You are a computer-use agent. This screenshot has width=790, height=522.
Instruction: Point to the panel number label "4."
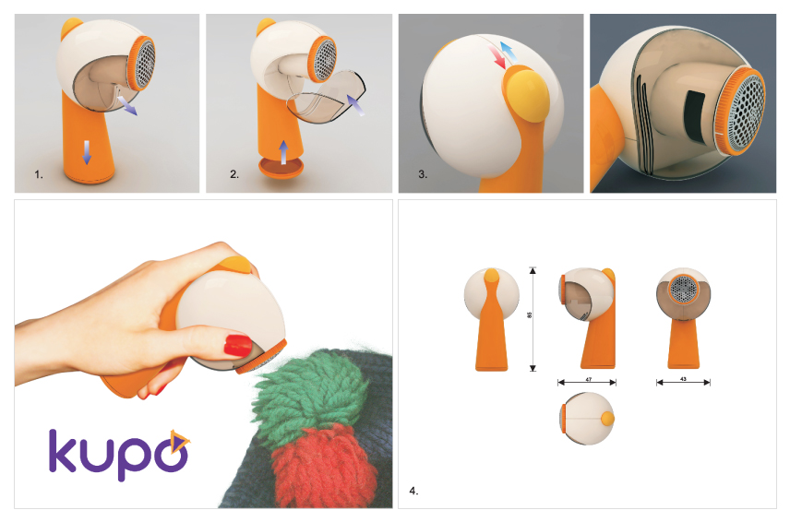[413, 491]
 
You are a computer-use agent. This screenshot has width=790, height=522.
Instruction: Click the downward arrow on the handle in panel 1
[88, 152]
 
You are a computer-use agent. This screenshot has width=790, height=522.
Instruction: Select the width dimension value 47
[587, 380]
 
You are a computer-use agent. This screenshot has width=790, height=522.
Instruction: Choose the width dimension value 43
[683, 380]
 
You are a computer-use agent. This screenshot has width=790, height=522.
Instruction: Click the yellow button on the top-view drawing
[606, 419]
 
